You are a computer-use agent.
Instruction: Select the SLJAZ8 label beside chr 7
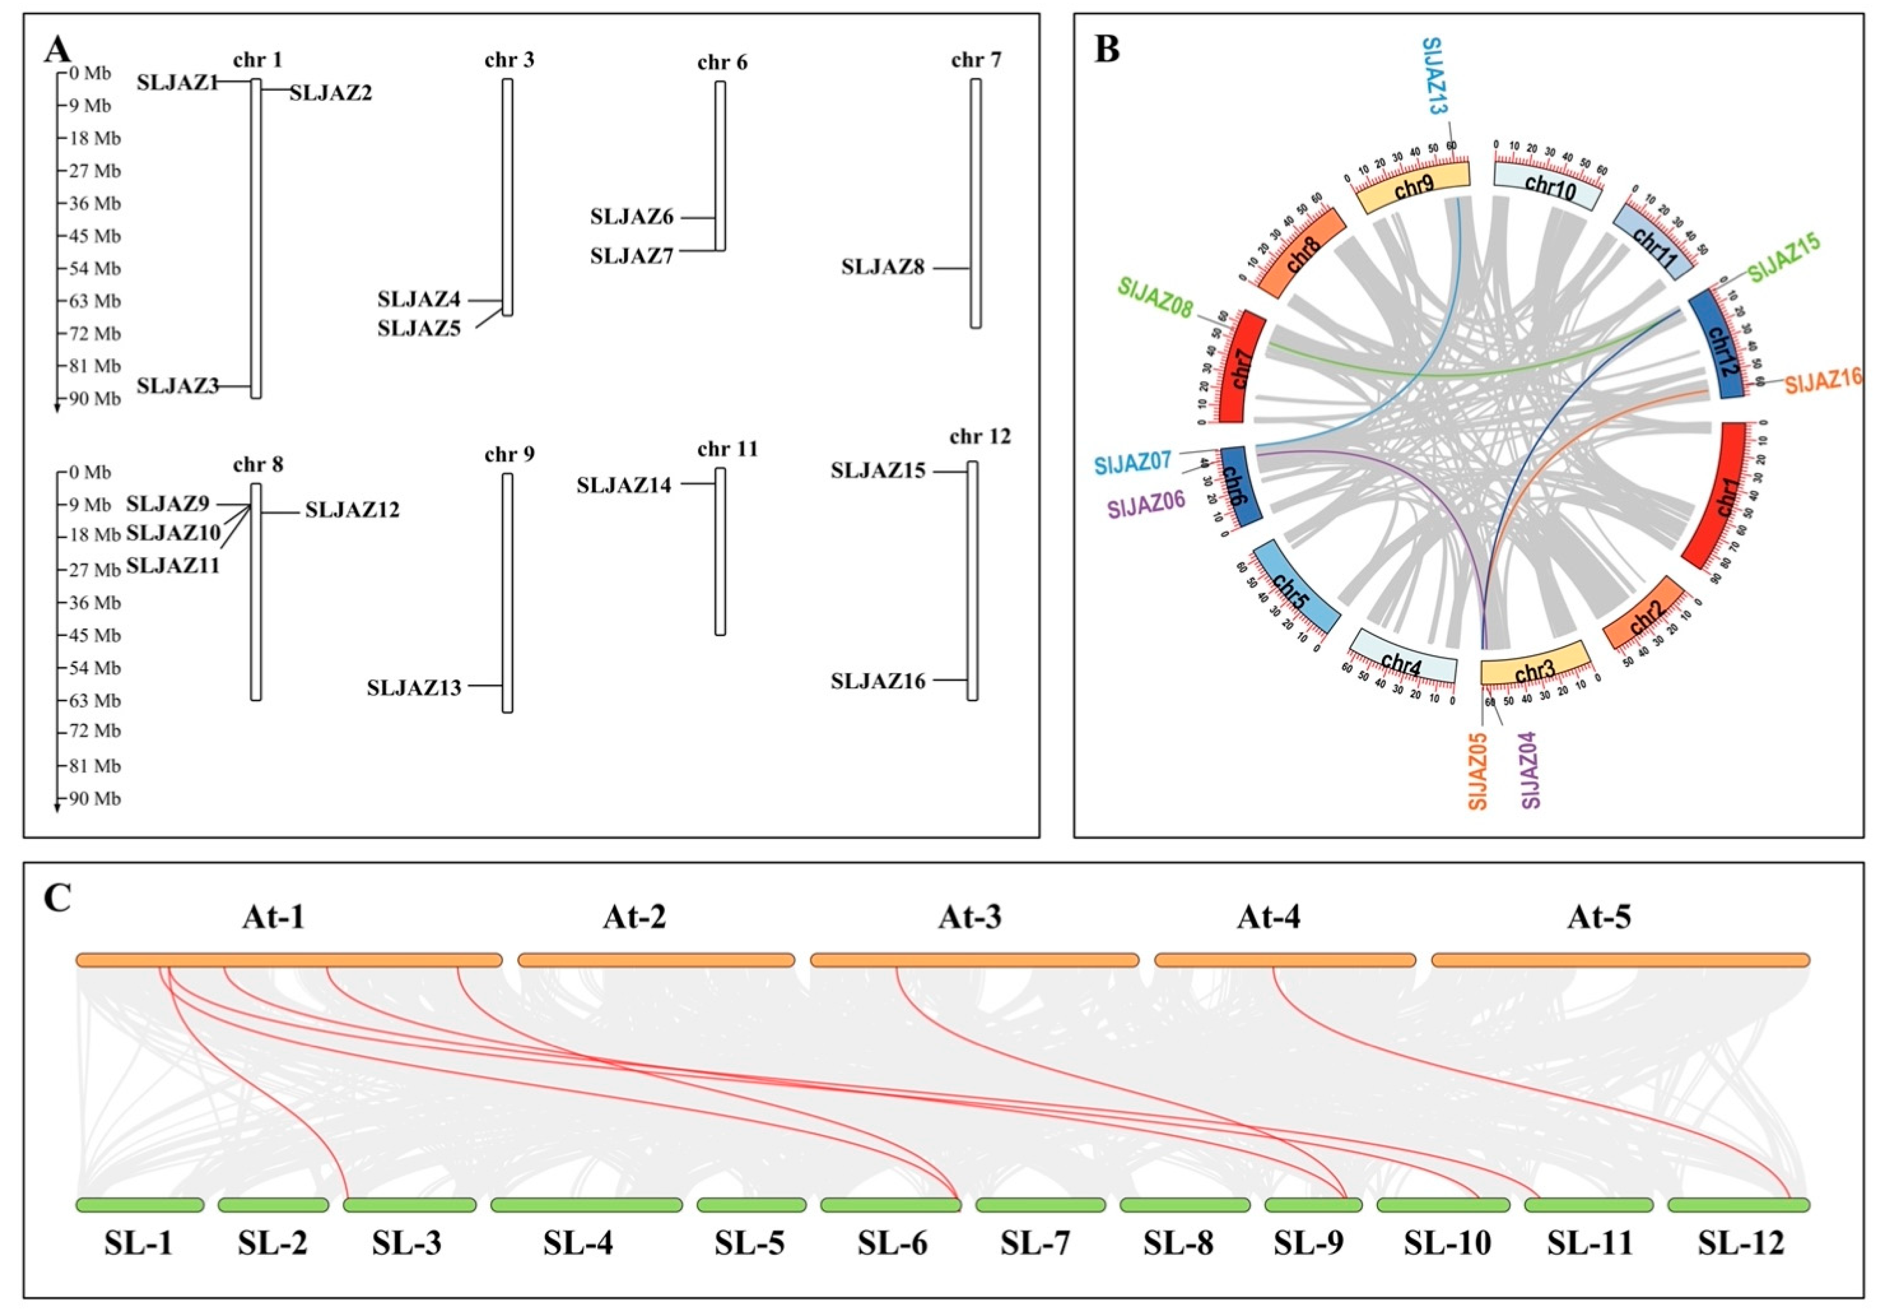pos(883,268)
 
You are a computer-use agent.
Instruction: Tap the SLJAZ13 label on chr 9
pos(414,687)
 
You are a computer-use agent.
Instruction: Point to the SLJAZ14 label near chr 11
pos(624,485)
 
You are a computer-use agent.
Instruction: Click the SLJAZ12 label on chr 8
pos(352,510)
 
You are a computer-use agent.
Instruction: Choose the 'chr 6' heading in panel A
pos(722,63)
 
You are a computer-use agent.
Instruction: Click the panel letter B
pos(1107,51)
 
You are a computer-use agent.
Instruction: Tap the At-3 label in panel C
pos(970,918)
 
